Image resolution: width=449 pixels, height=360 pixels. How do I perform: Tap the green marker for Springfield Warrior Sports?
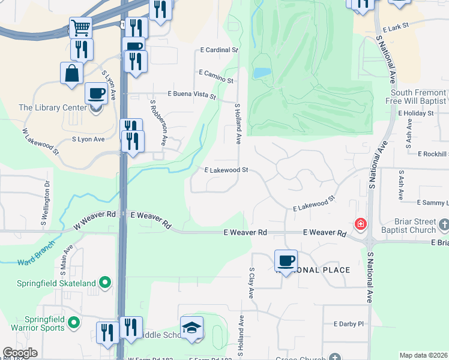(x=74, y=323)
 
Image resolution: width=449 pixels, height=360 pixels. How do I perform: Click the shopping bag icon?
(x=71, y=73)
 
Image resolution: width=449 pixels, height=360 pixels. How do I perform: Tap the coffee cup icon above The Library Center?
(x=96, y=93)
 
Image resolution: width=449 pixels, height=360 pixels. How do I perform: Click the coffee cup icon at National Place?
(x=286, y=260)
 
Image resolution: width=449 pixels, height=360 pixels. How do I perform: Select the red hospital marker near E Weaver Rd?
(x=360, y=224)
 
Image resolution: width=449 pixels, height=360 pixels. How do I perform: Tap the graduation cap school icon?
(x=191, y=327)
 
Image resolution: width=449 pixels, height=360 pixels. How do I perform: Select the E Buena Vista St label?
(x=191, y=94)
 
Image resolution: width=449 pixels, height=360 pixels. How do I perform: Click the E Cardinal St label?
(x=220, y=50)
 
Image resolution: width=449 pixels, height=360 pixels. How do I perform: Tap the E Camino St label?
(x=216, y=73)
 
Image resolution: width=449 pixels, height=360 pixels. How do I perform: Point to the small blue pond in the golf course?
(x=261, y=73)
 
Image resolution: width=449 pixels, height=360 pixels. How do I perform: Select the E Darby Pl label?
(x=349, y=323)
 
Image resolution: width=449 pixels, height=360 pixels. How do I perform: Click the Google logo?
(x=20, y=353)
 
